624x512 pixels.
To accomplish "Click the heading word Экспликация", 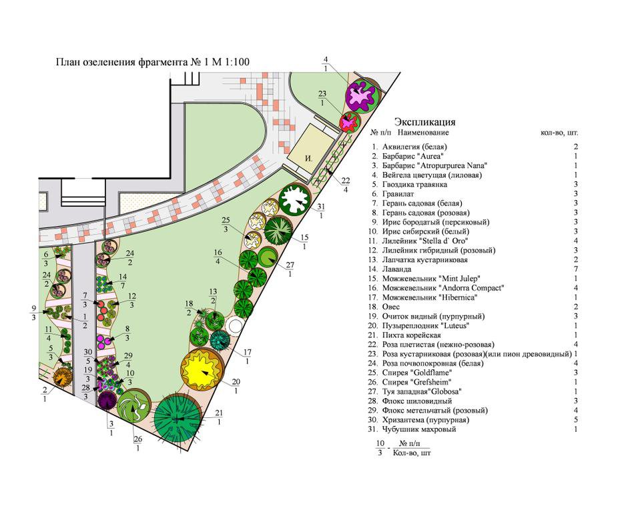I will point(424,122).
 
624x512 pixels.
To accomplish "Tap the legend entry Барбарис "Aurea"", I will point(411,156).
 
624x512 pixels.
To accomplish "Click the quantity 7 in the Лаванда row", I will point(575,269).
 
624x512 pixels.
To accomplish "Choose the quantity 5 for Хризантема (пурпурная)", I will point(575,420).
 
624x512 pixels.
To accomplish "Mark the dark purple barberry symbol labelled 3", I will point(107,401).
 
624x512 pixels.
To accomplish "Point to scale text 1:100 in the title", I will point(236,63).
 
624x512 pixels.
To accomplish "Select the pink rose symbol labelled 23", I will point(348,122).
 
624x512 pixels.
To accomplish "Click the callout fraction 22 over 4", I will point(345,185).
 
